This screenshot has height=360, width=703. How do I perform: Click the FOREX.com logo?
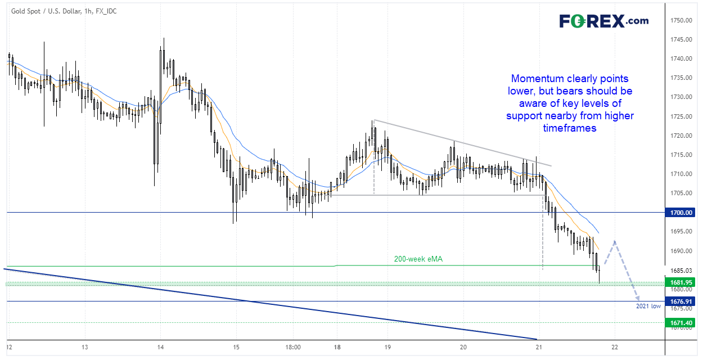coord(603,21)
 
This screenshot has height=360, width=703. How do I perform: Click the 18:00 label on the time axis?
coord(293,347)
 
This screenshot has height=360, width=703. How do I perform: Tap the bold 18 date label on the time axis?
coord(336,347)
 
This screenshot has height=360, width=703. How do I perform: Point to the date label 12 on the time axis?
coord(10,347)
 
